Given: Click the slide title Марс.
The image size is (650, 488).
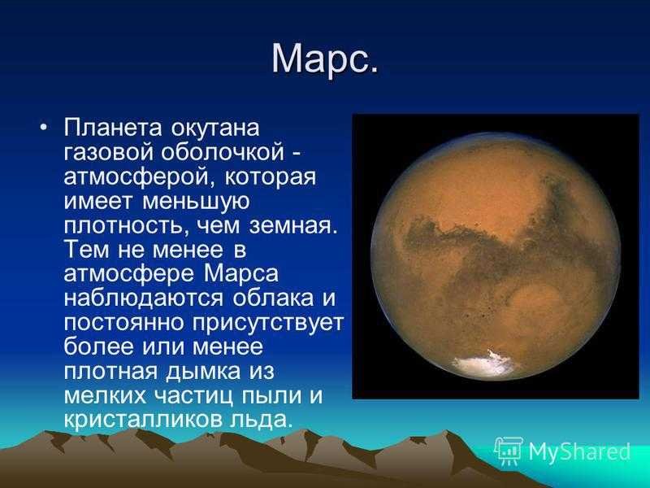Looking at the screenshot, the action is (325, 59).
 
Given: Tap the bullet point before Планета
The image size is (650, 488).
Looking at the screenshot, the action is (44, 127).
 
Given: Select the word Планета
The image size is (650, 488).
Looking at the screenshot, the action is (112, 128).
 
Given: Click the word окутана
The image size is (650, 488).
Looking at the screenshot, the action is (215, 129).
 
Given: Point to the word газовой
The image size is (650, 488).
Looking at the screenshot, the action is (109, 153).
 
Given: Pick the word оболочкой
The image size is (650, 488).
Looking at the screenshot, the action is (223, 152).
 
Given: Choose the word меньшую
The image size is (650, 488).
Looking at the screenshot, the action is (196, 202).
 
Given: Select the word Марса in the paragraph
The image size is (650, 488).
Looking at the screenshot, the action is (240, 274).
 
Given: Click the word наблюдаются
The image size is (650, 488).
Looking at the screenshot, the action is (144, 298).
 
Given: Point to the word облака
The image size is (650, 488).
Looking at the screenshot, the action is (273, 298).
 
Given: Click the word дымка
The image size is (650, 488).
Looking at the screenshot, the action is (202, 372).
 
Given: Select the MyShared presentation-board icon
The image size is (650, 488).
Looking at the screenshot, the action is (509, 451).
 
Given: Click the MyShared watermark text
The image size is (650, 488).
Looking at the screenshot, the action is (578, 451).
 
